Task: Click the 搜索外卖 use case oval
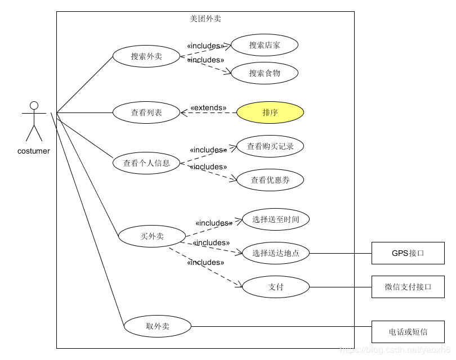[x=146, y=56]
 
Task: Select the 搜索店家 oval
[x=265, y=45]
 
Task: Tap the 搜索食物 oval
[x=265, y=73]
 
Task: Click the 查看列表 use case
[x=146, y=112]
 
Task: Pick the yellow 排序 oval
[x=270, y=112]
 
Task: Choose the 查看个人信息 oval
[x=146, y=163]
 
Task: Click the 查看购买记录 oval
[x=270, y=146]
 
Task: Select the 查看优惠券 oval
[x=270, y=180]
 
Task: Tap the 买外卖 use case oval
[x=152, y=236]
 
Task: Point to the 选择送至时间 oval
[x=276, y=219]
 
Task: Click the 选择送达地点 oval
[x=276, y=253]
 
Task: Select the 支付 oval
[x=276, y=287]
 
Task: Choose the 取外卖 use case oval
[x=158, y=326]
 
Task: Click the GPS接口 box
[x=408, y=253]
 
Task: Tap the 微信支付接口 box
[x=408, y=287]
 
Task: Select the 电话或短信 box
[x=408, y=332]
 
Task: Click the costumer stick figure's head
[x=34, y=105]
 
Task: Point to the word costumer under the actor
[x=34, y=151]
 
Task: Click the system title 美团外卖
[x=205, y=19]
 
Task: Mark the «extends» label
[x=208, y=107]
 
